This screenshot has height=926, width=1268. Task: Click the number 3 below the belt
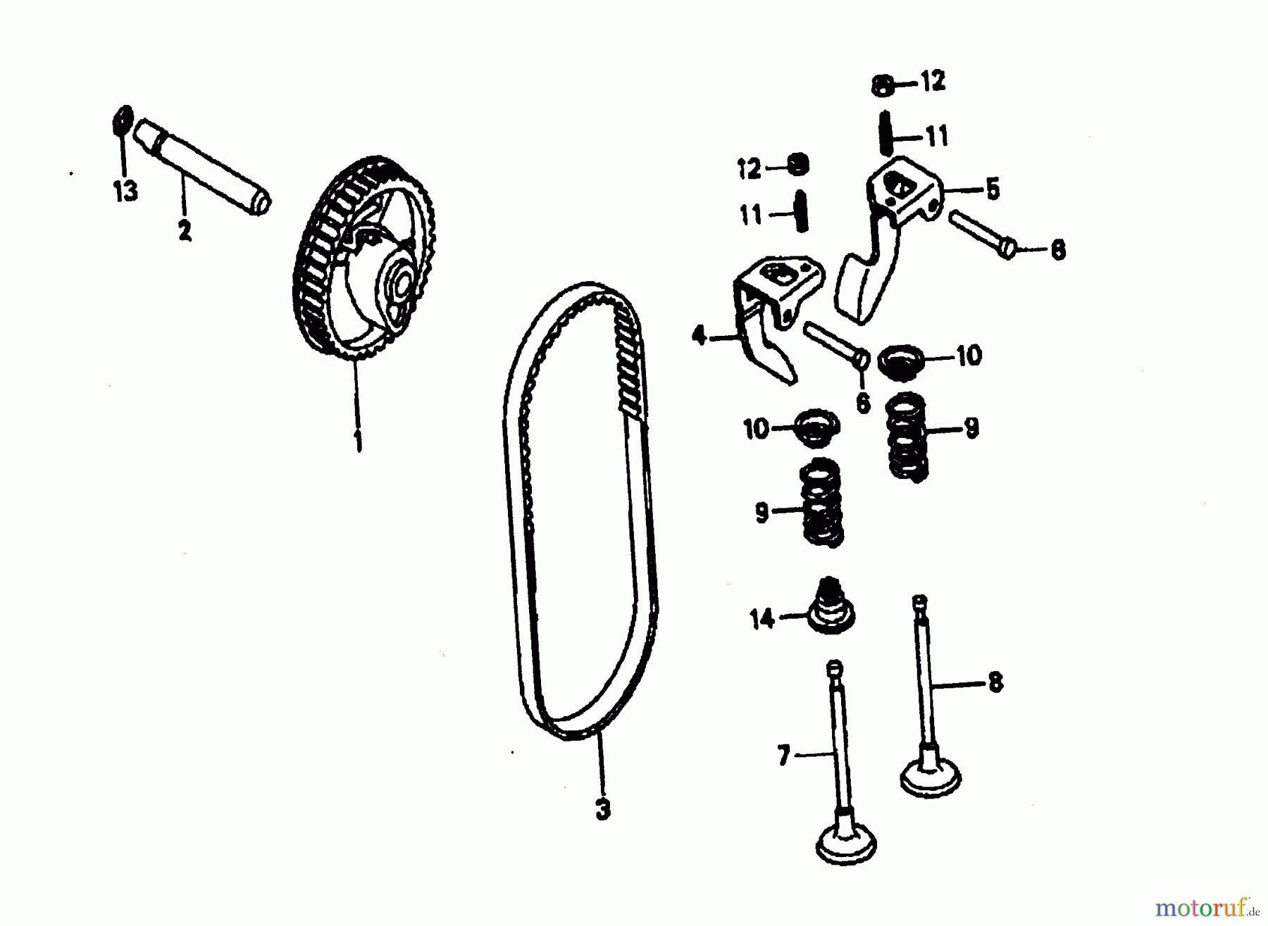pos(602,810)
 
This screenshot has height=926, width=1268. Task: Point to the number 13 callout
pos(126,191)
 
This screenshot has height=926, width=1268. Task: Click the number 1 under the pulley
pos(359,442)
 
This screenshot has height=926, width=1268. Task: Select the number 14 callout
pos(762,620)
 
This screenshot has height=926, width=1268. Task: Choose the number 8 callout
pos(995,682)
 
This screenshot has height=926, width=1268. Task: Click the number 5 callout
pos(993,189)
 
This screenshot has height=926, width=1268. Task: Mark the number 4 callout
pos(699,337)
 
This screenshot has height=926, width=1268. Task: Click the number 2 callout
pos(185,230)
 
